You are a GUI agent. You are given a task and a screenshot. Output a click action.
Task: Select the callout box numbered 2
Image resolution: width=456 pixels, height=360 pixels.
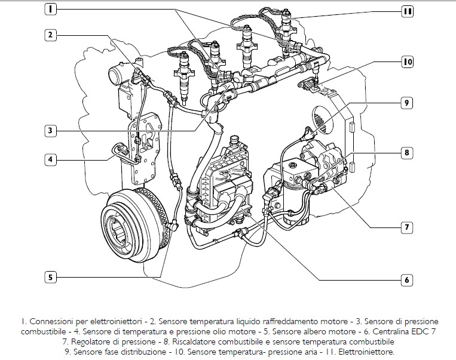[x=51, y=35]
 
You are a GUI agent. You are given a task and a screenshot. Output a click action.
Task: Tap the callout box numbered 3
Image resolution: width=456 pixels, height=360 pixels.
[x=51, y=130]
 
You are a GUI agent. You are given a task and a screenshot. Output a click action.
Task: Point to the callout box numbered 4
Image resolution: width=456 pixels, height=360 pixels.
[x=51, y=159]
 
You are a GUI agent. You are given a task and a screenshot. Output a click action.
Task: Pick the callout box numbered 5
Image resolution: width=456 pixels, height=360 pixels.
[x=51, y=276]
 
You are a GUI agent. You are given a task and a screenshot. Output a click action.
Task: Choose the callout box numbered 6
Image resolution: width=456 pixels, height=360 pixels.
[x=406, y=279]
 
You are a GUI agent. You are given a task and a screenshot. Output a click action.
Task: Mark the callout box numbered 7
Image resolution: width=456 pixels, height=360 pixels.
[x=406, y=227]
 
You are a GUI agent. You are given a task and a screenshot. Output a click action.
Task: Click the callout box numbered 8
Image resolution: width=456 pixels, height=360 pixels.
[x=406, y=153]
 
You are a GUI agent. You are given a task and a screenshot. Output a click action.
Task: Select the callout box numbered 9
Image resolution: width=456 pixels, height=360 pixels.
[x=406, y=103]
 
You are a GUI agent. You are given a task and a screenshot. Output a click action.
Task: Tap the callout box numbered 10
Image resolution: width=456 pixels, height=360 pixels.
[x=407, y=61]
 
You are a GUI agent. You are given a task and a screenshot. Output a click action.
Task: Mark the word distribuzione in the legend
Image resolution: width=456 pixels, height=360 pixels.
[x=159, y=352]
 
